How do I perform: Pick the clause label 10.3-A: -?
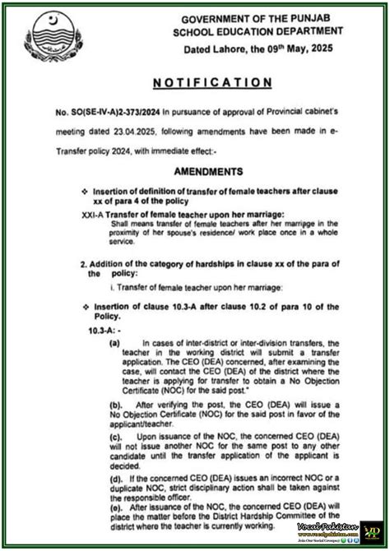pos(104,328)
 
